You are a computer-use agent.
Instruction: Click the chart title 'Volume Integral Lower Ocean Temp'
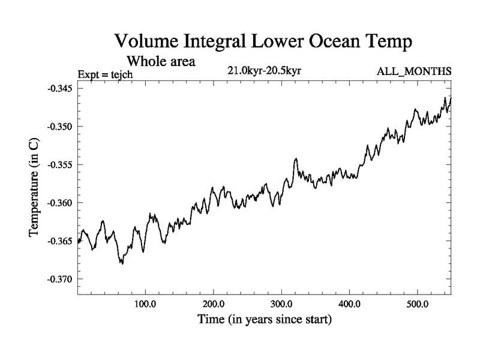coord(265,42)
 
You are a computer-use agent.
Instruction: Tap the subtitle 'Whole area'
coord(161,61)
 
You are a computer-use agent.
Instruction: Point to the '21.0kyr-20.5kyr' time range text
coord(264,71)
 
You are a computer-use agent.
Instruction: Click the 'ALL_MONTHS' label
coord(414,71)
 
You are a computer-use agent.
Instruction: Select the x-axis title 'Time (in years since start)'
coord(265,320)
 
